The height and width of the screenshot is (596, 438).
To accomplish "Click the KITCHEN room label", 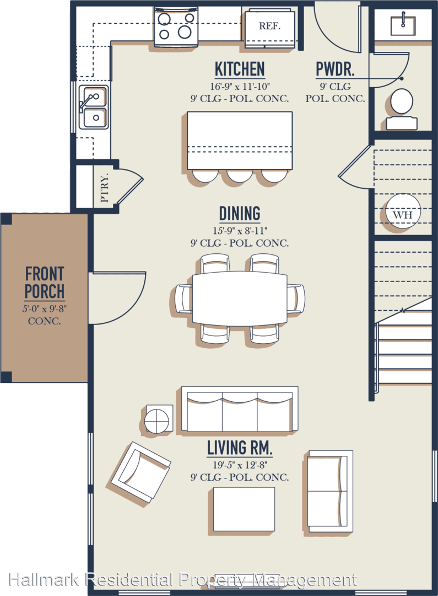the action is [x=240, y=69].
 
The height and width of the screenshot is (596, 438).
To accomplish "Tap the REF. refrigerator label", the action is [x=269, y=26].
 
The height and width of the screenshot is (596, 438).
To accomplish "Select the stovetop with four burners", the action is [x=176, y=26].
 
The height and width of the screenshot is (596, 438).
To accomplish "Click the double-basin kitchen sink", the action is [x=93, y=107].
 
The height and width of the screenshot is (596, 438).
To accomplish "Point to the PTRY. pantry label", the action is [x=104, y=188].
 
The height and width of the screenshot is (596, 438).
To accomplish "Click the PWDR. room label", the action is [x=335, y=69].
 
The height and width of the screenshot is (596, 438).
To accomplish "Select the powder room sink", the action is [x=403, y=23].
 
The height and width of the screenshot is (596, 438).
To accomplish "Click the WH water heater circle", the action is [x=403, y=211].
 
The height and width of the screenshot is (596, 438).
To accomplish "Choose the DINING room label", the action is [x=240, y=214].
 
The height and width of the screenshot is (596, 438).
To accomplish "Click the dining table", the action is [x=240, y=297].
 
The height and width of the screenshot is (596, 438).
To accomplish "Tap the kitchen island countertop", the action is [x=240, y=140].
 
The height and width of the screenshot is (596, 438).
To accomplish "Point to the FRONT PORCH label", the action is [x=45, y=283].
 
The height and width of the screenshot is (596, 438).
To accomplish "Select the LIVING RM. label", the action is [x=240, y=448].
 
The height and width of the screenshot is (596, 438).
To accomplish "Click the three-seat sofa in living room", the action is [x=240, y=409].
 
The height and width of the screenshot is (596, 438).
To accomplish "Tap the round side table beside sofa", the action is [x=159, y=419].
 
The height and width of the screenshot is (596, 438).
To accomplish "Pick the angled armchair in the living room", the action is [x=140, y=471].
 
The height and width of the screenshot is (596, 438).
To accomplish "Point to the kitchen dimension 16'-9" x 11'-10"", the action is [x=240, y=87].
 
